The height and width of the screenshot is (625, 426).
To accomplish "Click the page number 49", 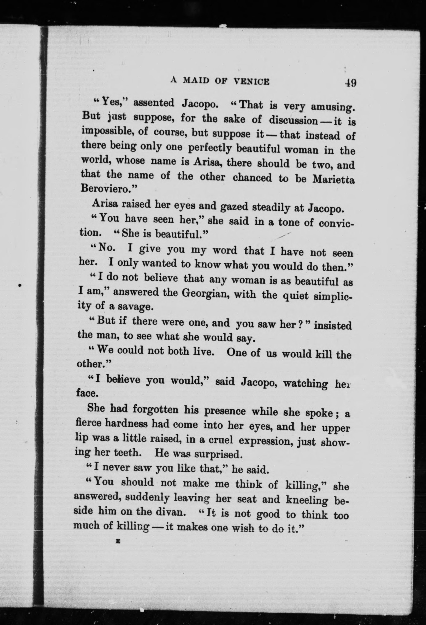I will [350, 83].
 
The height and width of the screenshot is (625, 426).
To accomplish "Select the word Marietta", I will [333, 179].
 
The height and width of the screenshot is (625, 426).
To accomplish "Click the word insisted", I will [333, 326].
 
